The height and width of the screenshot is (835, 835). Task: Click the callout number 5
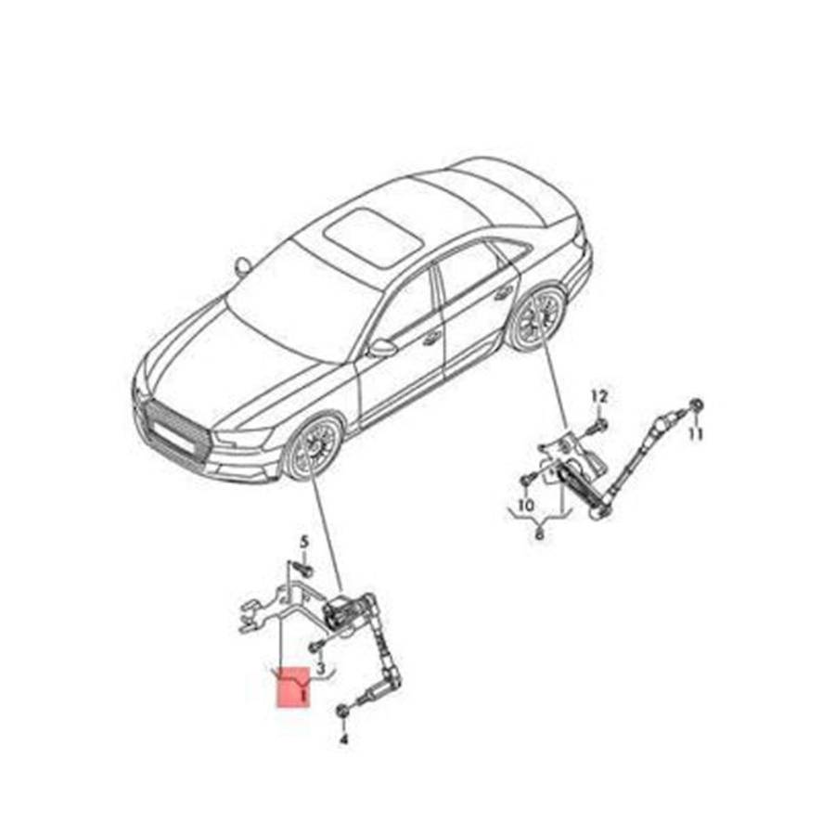pos(304,542)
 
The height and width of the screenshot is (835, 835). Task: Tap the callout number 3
pos(321,667)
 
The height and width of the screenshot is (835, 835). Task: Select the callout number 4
pos(343,739)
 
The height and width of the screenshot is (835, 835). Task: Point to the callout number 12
pos(599,397)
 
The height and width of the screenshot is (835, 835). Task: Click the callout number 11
pos(696,434)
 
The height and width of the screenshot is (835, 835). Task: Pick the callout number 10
pos(526,505)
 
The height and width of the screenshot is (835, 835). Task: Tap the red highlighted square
pos(293,687)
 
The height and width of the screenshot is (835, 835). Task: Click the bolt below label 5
pos(304,570)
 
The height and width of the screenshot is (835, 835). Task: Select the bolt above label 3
pos(315,647)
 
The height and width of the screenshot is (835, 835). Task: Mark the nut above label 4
pos(343,711)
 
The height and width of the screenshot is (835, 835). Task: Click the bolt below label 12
pos(598,426)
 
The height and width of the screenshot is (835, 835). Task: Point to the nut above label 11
pos(696,406)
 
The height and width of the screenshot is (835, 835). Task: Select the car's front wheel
pos(313,445)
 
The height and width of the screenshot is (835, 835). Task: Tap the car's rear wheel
pos(537,318)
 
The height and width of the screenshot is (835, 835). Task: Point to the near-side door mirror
pos(382,348)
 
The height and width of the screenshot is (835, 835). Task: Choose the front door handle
pos(431,338)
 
